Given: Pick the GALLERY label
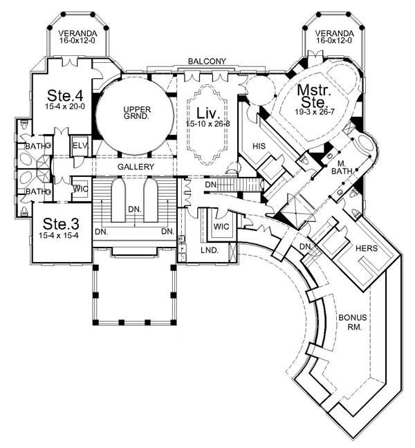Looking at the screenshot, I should coord(136,167).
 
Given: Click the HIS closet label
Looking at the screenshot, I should coord(259,146).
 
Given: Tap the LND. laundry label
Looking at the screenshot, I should coord(210,250).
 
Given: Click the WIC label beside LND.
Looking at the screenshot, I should coord(221,226).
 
